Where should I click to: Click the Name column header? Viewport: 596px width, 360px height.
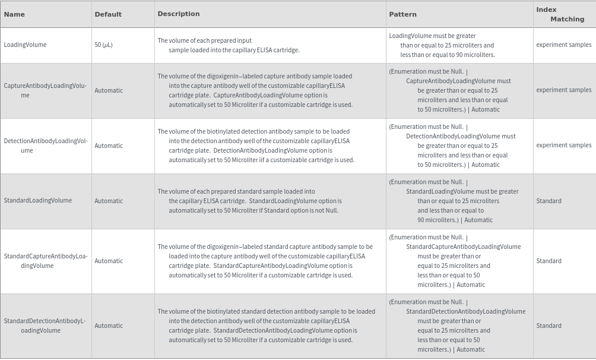tap(14, 14)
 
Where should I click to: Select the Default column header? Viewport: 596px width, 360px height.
tap(108, 14)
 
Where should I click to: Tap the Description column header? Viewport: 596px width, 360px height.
tap(179, 14)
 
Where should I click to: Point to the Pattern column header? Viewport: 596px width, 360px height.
tap(402, 14)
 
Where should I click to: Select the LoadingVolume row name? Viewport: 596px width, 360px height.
tap(25, 45)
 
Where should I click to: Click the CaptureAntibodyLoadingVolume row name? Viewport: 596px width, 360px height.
tap(45, 90)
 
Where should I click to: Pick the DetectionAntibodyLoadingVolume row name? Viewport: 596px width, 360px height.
tap(45, 146)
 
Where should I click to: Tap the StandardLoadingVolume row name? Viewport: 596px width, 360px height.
tap(37, 201)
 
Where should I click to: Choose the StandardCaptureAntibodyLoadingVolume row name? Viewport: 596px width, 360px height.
tap(45, 261)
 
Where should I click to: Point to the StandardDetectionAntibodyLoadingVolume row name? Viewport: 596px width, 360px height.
tap(45, 326)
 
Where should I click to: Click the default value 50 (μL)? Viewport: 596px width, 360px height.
tap(103, 45)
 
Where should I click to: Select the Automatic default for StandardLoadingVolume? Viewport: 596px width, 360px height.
tap(109, 201)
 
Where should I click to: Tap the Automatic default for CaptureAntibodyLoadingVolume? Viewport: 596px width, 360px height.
tap(109, 90)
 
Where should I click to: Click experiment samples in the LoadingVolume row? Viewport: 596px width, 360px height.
tap(563, 45)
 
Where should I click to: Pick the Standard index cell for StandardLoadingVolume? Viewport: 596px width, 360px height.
tap(549, 201)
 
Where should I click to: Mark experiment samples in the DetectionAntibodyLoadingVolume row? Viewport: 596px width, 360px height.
tap(563, 146)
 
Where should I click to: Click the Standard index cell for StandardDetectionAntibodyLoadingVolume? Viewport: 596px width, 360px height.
tap(549, 326)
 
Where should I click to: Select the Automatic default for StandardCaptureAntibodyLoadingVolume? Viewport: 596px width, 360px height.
tap(109, 261)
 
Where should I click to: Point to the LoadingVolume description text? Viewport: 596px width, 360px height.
tap(229, 45)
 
